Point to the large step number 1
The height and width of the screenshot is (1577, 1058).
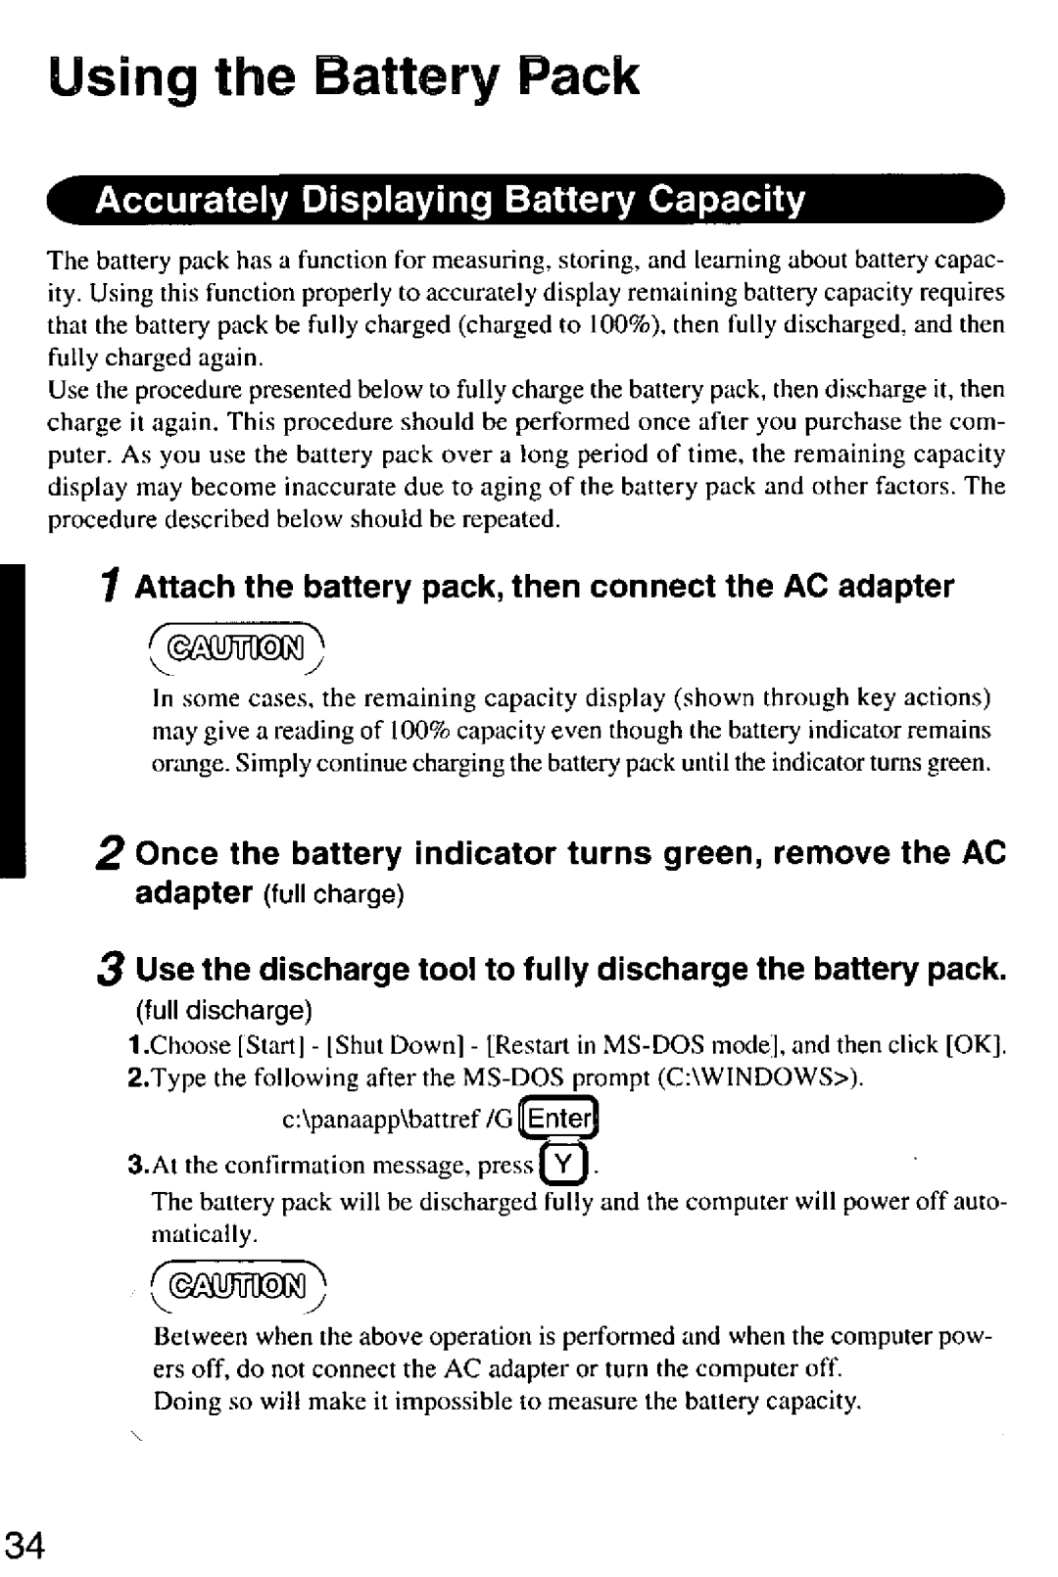[x=114, y=588]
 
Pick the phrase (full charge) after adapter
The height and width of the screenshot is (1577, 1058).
[x=332, y=896]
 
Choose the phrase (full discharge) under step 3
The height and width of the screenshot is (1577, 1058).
[x=224, y=1009]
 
